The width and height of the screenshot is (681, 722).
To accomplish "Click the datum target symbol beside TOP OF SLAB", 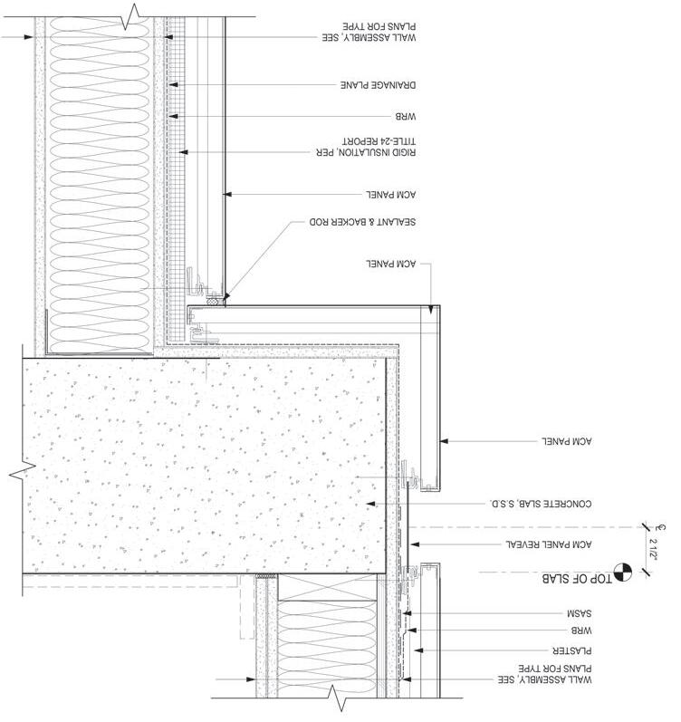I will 622,572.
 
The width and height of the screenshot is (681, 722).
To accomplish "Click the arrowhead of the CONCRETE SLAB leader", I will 367,504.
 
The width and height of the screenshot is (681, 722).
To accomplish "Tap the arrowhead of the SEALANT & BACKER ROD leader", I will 224,295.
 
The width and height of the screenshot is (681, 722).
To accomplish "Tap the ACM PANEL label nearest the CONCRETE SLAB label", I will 567,442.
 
